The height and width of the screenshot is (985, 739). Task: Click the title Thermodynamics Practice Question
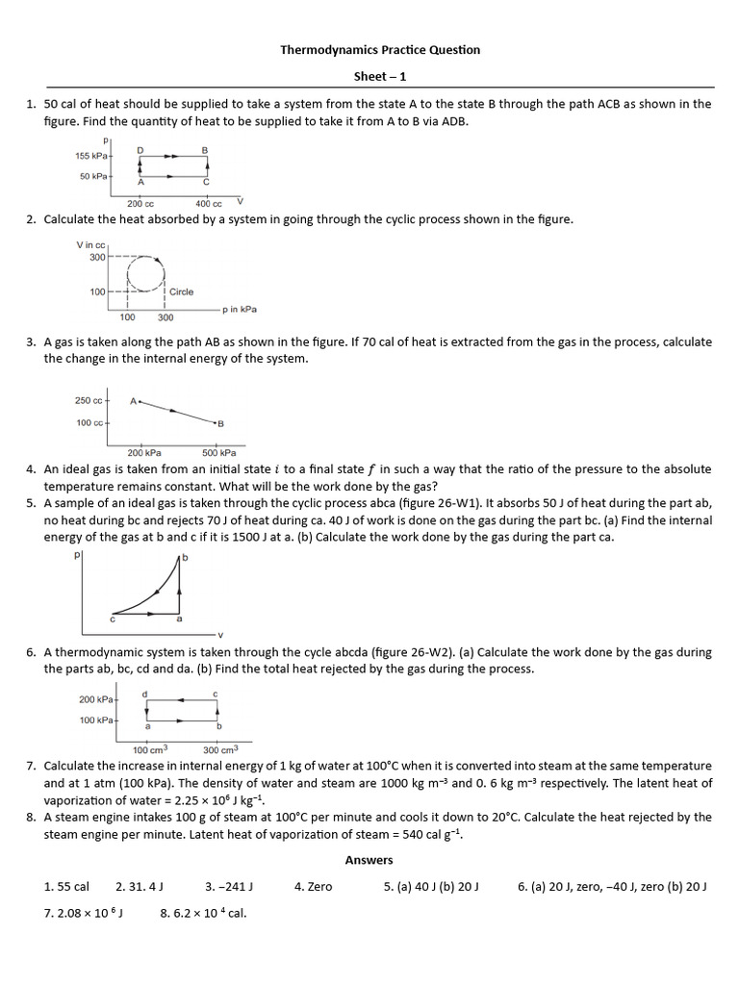pyautogui.click(x=379, y=49)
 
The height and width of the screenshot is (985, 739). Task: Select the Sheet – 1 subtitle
pyautogui.click(x=379, y=75)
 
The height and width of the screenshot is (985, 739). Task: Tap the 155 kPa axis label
pyautogui.click(x=92, y=156)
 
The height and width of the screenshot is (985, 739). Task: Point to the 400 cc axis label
pyautogui.click(x=208, y=204)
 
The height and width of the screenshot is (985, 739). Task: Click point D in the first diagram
pyautogui.click(x=140, y=150)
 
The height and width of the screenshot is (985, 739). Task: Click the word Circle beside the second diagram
pyautogui.click(x=181, y=291)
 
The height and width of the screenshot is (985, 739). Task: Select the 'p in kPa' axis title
pyautogui.click(x=239, y=310)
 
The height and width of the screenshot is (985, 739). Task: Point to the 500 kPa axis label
pyautogui.click(x=218, y=452)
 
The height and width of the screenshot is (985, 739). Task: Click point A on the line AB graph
pyautogui.click(x=133, y=400)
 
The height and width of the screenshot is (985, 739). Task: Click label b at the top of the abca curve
pyautogui.click(x=185, y=558)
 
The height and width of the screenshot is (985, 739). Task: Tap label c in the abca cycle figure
pyautogui.click(x=113, y=619)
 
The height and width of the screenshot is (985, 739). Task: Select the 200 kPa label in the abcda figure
pyautogui.click(x=96, y=699)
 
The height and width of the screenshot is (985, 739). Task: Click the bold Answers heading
pyautogui.click(x=369, y=860)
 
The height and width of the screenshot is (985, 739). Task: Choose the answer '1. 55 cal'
pyautogui.click(x=66, y=887)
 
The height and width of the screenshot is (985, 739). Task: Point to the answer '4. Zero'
pyautogui.click(x=313, y=887)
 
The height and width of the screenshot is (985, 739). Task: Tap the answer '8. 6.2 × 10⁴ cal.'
pyautogui.click(x=203, y=913)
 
